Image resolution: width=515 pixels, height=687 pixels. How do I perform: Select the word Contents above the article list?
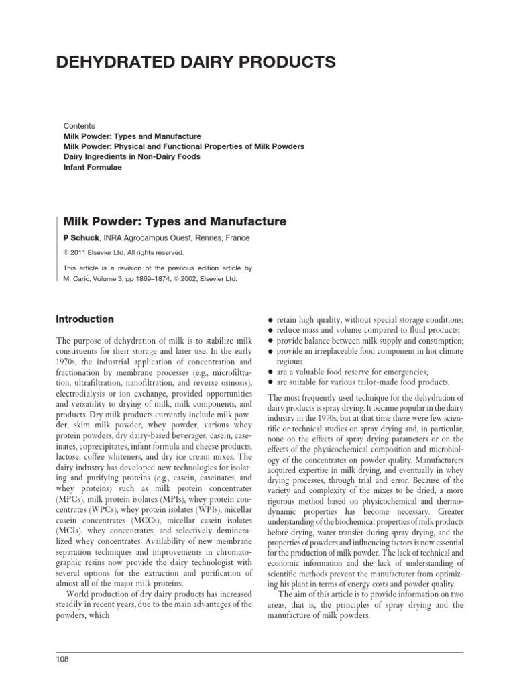click(x=79, y=125)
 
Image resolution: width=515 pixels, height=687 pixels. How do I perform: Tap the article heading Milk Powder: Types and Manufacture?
click(x=174, y=221)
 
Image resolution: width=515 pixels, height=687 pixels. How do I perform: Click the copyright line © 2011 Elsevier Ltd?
click(x=115, y=253)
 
